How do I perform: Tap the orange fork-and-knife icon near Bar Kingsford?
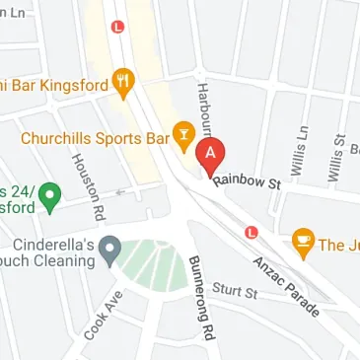pos(123,84)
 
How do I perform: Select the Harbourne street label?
pos(204,108)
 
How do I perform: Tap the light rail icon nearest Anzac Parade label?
pos(251,233)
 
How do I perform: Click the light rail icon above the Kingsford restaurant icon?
pos(118,27)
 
